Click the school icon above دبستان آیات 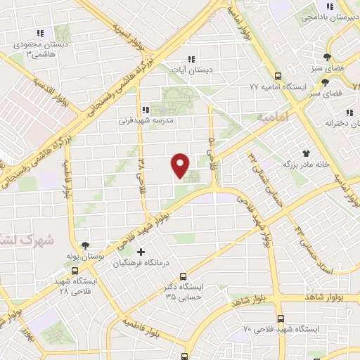[189, 59]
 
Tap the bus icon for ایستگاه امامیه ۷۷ [278, 75]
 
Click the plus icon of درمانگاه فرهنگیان [141, 251]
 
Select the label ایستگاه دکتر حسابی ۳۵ [184, 292]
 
